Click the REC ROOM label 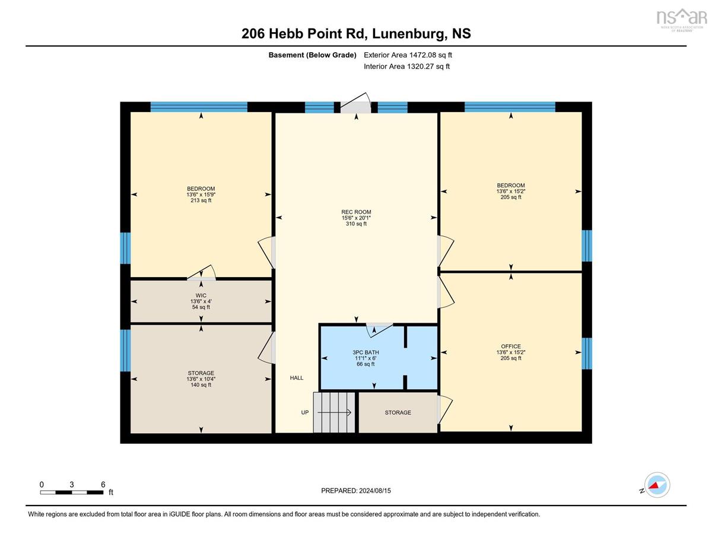(356, 212)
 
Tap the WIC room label (201, 295)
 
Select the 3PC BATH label (365, 352)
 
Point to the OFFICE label (510, 346)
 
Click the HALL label (297, 378)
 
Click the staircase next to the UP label (334, 412)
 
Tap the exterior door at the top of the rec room (355, 103)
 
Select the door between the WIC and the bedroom (202, 272)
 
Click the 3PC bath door (379, 330)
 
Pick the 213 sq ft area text (201, 201)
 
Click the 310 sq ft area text (356, 224)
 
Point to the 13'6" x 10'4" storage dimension (201, 379)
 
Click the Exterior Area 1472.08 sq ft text (408, 55)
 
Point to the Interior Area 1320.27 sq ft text (406, 66)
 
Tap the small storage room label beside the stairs (398, 412)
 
